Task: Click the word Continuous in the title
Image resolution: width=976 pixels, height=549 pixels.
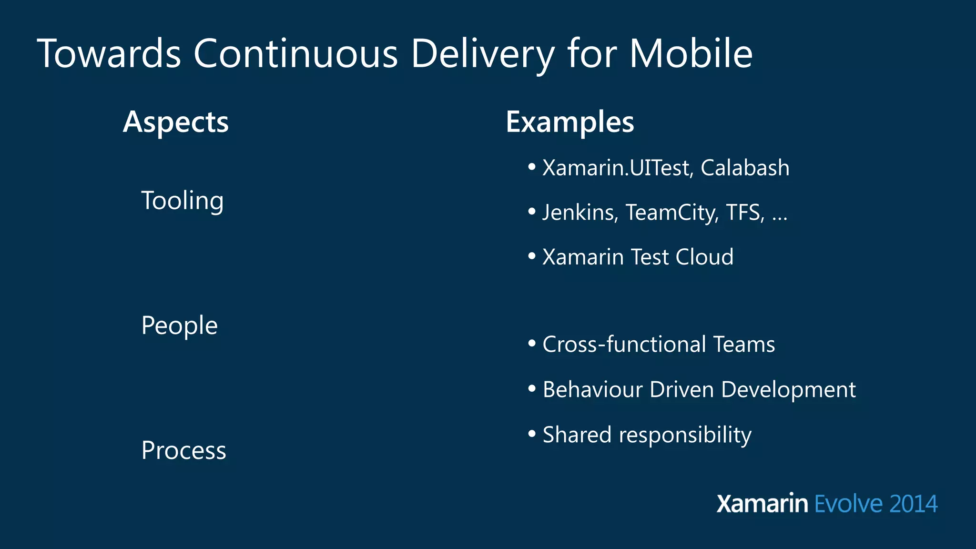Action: pos(295,53)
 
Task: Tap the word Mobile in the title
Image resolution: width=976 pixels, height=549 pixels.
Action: pos(691,53)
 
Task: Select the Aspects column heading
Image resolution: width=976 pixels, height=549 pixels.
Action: pos(176,122)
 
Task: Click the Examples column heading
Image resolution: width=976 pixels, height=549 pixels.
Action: pos(570,122)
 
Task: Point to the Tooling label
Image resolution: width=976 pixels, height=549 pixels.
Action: pos(183,201)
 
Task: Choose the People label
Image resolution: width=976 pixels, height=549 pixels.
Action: pos(180,326)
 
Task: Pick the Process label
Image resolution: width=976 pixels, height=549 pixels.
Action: pos(184,451)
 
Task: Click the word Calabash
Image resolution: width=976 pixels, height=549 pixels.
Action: pos(745,168)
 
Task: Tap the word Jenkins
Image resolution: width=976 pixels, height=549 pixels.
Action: pos(580,213)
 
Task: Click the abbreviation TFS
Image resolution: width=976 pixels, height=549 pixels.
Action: pos(745,213)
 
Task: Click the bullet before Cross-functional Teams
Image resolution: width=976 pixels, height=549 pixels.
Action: pos(532,343)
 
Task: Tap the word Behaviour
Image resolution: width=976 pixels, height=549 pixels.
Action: pos(593,390)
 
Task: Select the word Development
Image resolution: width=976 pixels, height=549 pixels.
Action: pos(789,390)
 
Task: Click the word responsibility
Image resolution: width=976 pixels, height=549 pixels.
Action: pos(685,435)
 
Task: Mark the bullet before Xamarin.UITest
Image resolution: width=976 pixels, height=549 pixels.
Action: pos(532,167)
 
